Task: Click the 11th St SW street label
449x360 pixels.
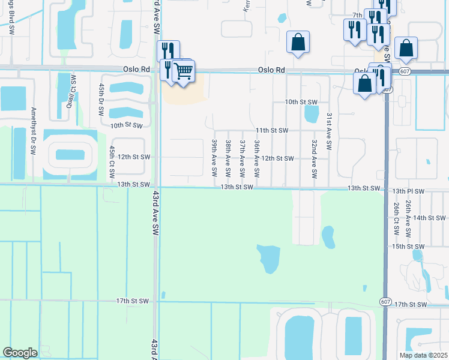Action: [272, 130]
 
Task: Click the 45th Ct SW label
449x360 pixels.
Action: [112, 161]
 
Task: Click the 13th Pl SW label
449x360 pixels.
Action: [408, 191]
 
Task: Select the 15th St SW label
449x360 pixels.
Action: [407, 247]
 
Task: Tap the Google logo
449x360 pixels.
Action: [20, 353]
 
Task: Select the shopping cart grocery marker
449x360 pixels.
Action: [183, 71]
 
